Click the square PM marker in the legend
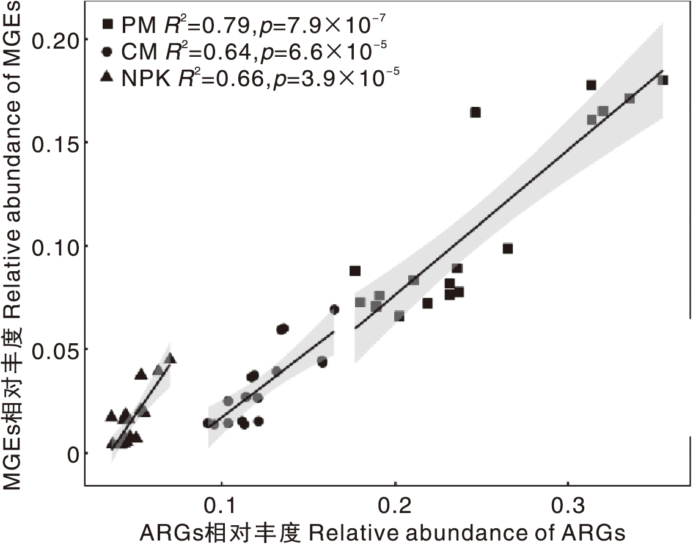tap(108, 24)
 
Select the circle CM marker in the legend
tap(108, 51)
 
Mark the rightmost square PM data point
tap(663, 80)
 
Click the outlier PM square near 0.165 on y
tap(475, 112)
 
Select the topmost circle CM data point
tap(334, 310)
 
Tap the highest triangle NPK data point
tap(170, 359)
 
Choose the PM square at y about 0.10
tap(508, 249)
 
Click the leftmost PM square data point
tap(355, 271)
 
